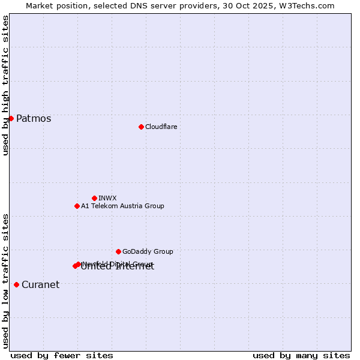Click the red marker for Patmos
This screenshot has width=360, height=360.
(x=11, y=118)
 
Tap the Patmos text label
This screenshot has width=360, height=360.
(x=34, y=119)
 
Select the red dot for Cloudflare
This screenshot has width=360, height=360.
(x=141, y=127)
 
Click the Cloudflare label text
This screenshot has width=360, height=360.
(x=161, y=127)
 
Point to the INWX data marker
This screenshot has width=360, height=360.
(x=94, y=198)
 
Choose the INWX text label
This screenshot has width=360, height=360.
(x=107, y=199)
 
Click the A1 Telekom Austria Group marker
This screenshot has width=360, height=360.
(x=77, y=206)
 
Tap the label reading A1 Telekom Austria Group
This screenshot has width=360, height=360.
(x=122, y=206)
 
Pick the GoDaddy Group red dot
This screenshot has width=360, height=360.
(x=118, y=251)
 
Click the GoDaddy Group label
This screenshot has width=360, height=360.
(x=148, y=252)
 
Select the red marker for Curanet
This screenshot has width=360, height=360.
(x=16, y=284)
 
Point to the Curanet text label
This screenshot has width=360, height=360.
(x=40, y=285)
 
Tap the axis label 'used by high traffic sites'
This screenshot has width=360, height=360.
(x=6, y=85)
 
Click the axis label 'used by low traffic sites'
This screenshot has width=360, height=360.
(x=6, y=281)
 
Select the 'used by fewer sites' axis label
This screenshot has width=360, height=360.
(x=62, y=355)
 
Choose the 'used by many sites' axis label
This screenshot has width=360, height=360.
(x=301, y=355)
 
